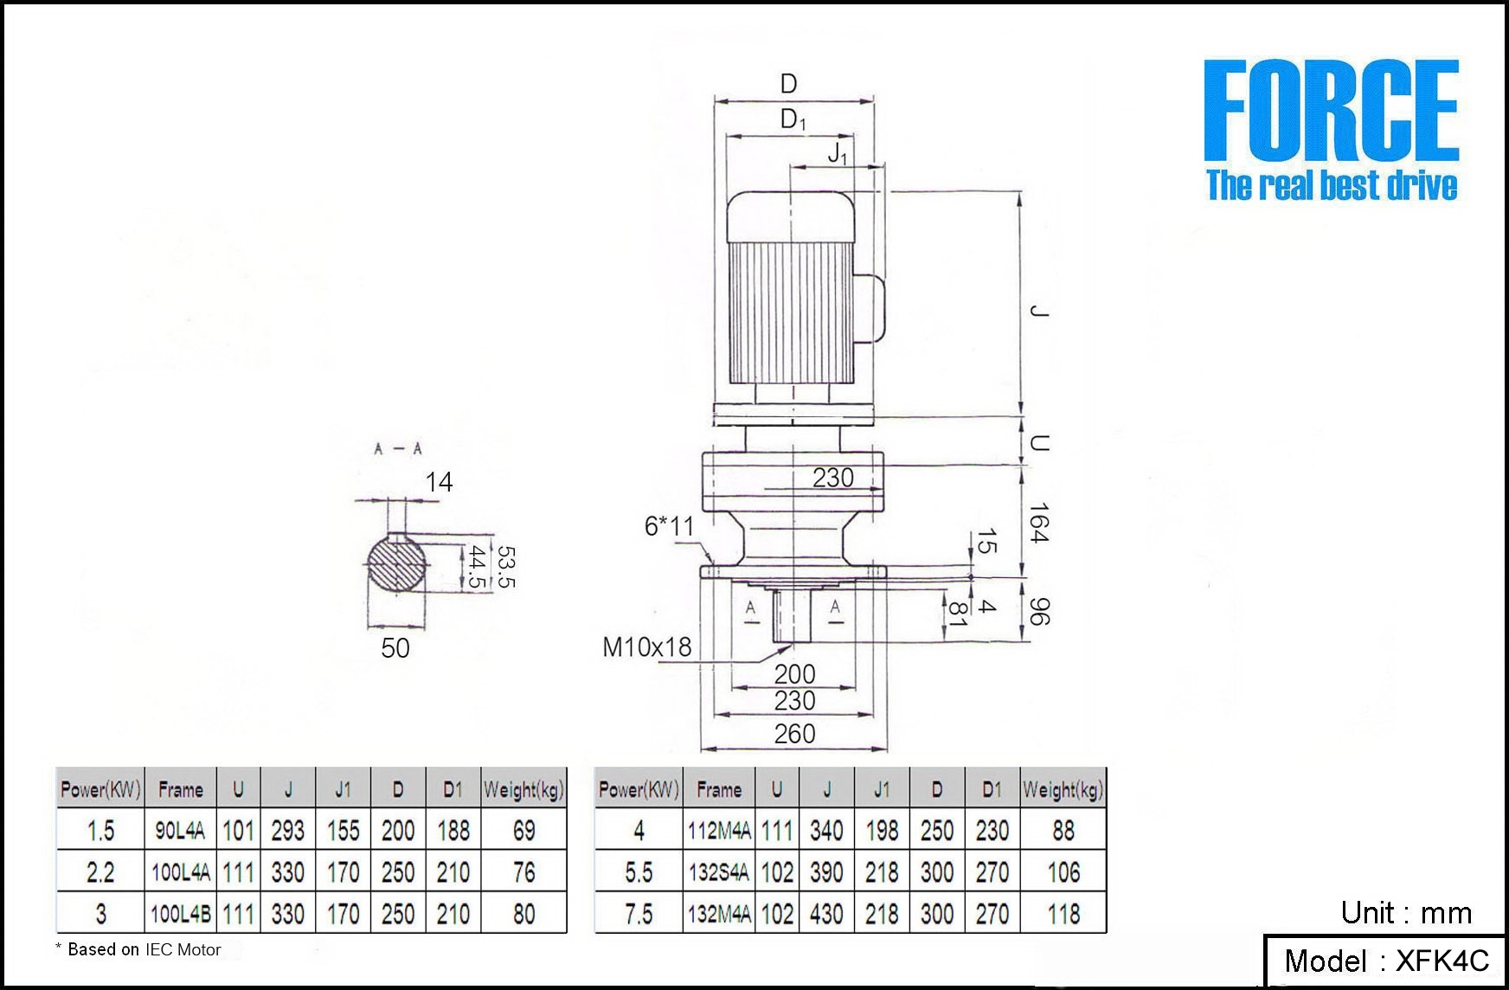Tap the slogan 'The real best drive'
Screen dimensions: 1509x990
1332,185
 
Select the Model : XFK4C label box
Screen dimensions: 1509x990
1384,961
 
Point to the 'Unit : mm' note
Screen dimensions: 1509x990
1406,913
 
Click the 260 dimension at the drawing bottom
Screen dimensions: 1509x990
794,734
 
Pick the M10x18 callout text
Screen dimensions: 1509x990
646,646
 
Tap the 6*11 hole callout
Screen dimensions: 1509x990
669,525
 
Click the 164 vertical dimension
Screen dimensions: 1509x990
1038,523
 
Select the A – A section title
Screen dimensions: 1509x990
398,448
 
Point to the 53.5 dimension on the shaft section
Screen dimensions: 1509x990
506,567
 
